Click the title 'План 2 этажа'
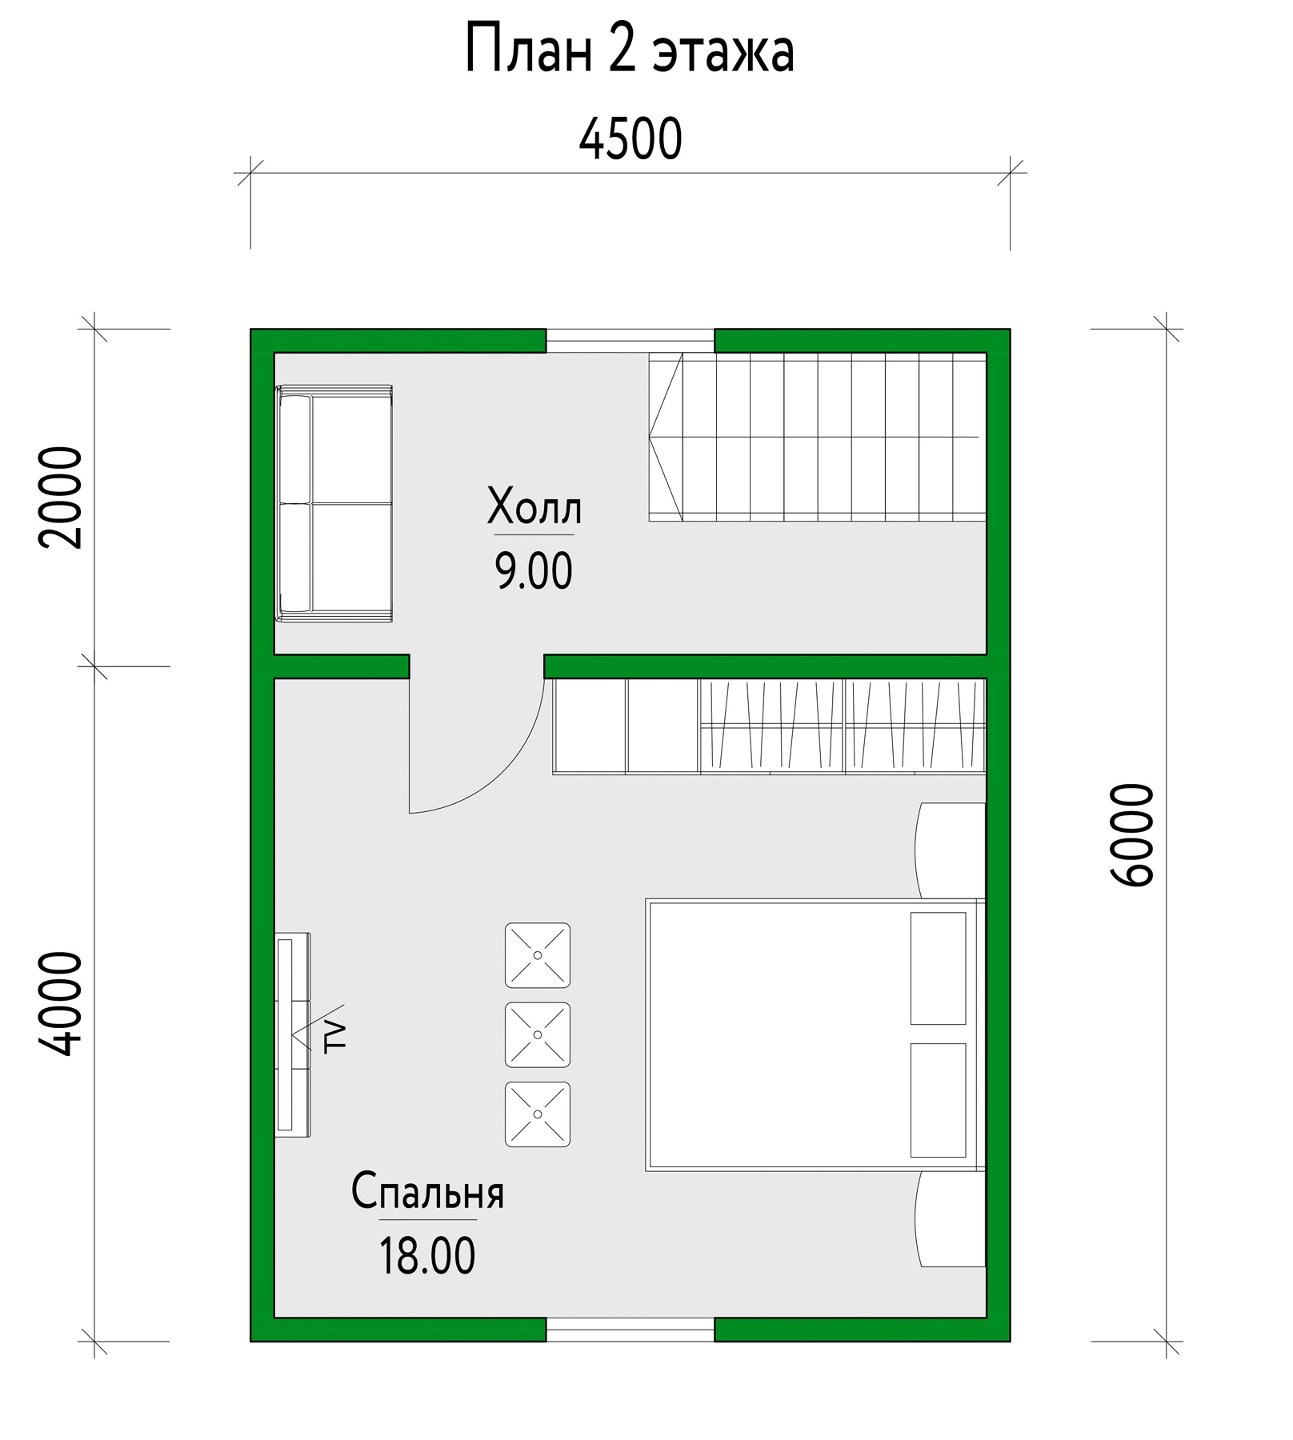point(630,50)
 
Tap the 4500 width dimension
point(630,139)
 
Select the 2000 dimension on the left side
point(60,497)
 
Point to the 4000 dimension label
point(60,1003)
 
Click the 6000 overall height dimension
point(1133,834)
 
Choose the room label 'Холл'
point(534,508)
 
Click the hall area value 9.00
point(534,572)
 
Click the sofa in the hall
point(334,502)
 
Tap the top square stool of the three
point(538,955)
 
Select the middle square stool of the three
point(538,1034)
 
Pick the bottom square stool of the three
point(538,1114)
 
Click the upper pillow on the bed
point(938,968)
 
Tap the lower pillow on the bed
point(938,1099)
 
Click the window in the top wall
point(630,340)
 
